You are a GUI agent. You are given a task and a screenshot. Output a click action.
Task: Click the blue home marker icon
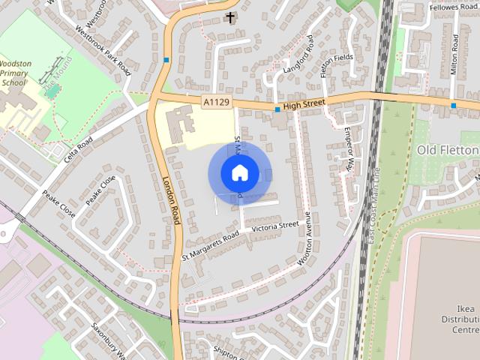click(239, 173)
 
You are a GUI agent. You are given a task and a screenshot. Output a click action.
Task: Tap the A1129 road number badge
click(215, 101)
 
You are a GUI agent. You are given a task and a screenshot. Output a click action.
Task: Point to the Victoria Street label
click(275, 226)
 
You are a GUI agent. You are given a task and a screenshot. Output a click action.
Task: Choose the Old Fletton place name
click(447, 150)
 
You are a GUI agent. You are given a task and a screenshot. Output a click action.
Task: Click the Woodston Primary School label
click(15, 73)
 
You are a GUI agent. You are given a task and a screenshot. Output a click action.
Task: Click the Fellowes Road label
click(453, 7)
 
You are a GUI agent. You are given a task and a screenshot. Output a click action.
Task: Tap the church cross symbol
click(230, 16)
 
